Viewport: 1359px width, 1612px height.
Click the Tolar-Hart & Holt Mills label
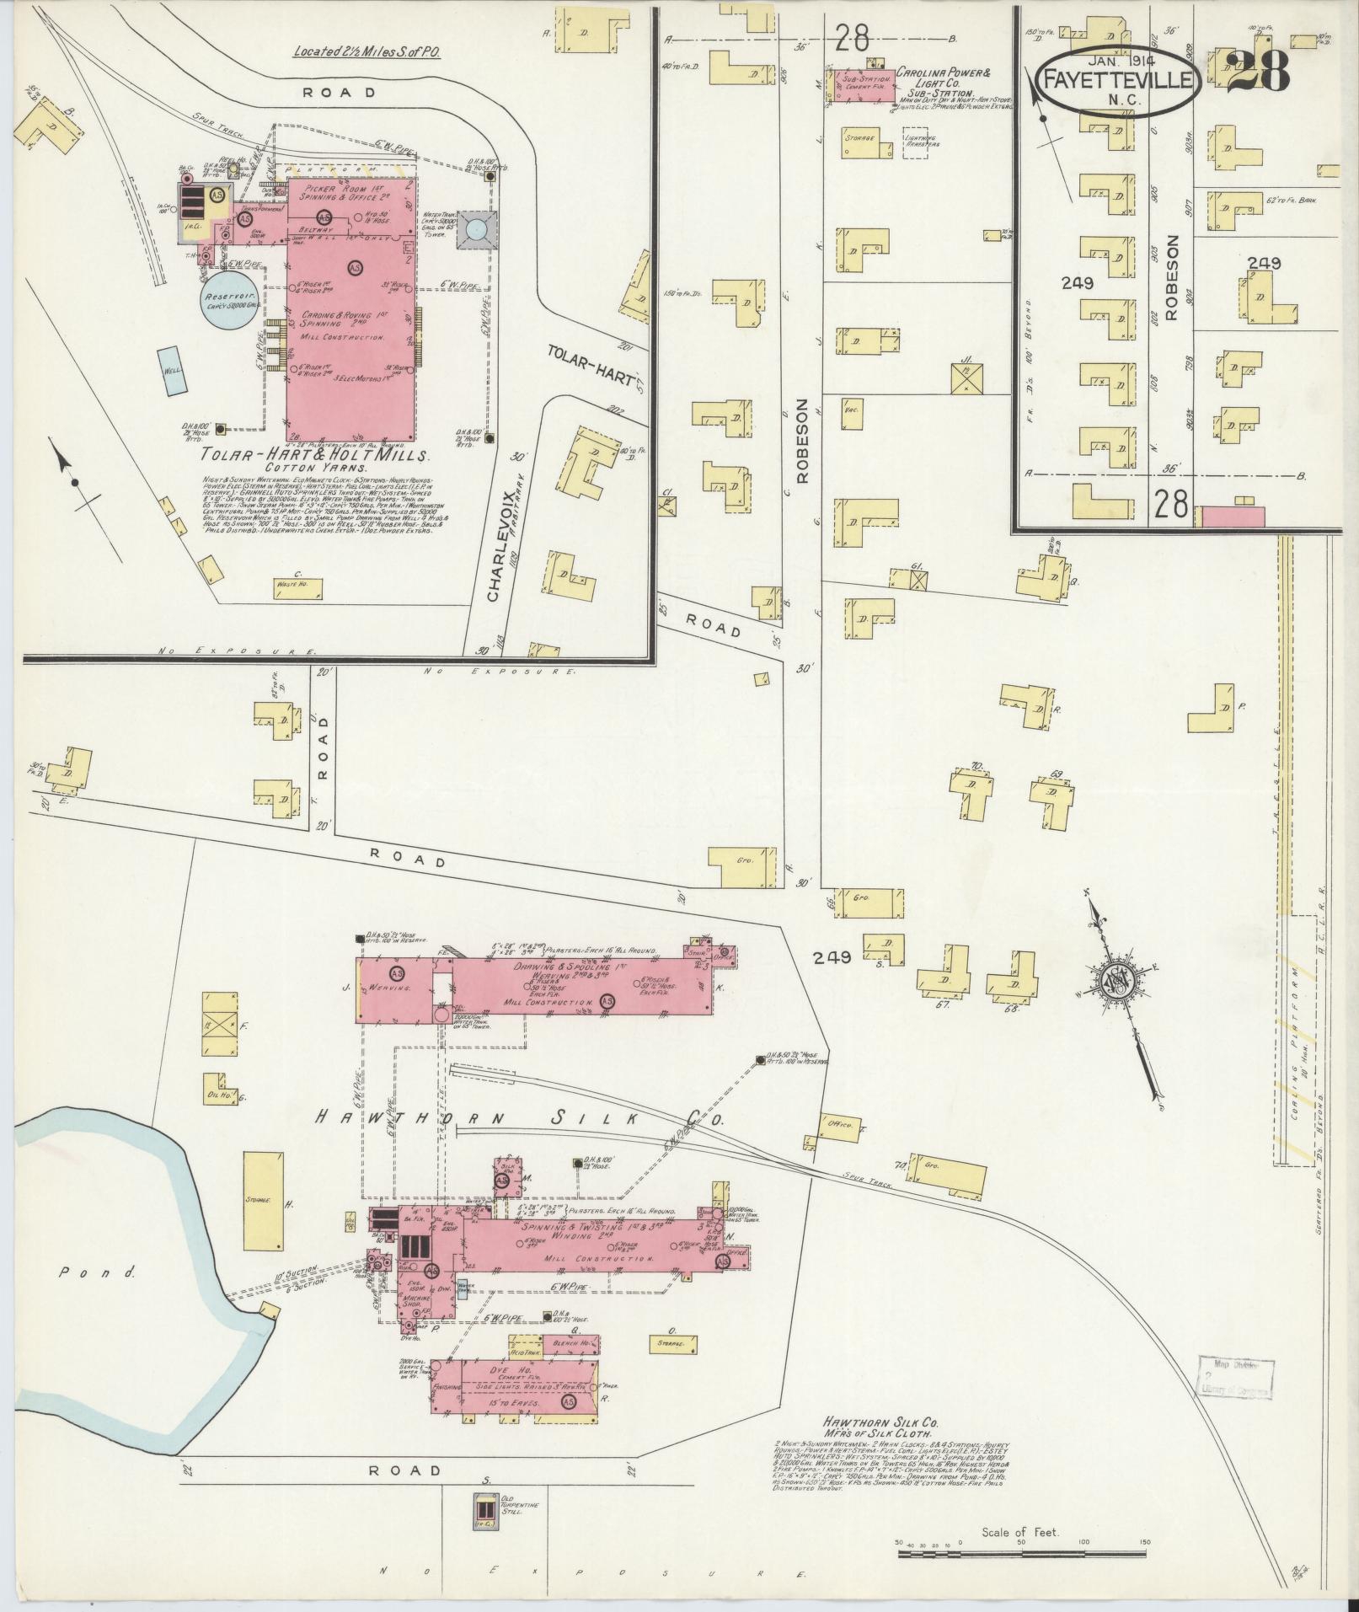pyautogui.click(x=316, y=456)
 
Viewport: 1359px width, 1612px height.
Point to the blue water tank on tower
pyautogui.click(x=477, y=229)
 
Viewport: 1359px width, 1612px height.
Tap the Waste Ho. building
pyautogui.click(x=299, y=588)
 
